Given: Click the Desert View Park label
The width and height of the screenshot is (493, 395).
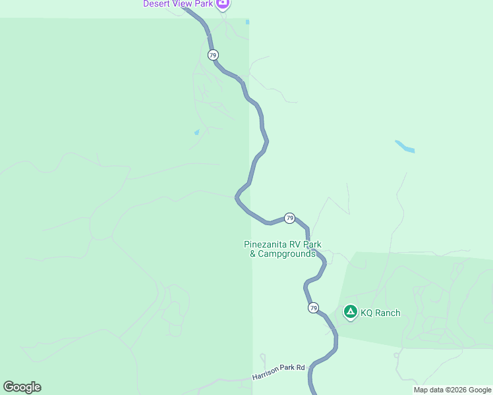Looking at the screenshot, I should (x=179, y=4).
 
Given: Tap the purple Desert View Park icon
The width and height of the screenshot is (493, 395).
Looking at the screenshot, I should (x=223, y=3).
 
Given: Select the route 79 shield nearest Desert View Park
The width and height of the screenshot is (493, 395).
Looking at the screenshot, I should (x=212, y=55).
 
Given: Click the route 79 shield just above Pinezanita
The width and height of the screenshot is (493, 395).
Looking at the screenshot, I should (x=289, y=217).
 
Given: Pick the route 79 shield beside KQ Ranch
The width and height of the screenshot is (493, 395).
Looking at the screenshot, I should (x=313, y=307).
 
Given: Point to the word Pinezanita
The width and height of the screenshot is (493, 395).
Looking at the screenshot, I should (x=268, y=244).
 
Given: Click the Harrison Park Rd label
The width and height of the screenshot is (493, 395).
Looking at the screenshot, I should (x=278, y=373).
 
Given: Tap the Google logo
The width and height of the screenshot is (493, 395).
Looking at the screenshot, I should (x=22, y=387).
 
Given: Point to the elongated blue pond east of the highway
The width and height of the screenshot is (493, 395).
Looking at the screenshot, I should (x=405, y=146).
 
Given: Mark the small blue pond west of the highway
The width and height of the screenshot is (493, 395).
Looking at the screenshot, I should (x=196, y=132).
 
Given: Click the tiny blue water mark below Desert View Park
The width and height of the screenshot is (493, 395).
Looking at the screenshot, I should (x=247, y=22).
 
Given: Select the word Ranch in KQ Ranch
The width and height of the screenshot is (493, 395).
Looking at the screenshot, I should (x=387, y=313).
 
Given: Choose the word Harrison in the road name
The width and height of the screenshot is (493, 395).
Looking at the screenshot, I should (x=265, y=376).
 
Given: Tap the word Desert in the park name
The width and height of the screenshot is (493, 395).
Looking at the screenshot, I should (x=157, y=4).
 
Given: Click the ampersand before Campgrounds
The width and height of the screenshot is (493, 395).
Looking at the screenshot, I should (x=252, y=253).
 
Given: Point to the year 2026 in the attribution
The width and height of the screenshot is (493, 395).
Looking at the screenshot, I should (x=453, y=390).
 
